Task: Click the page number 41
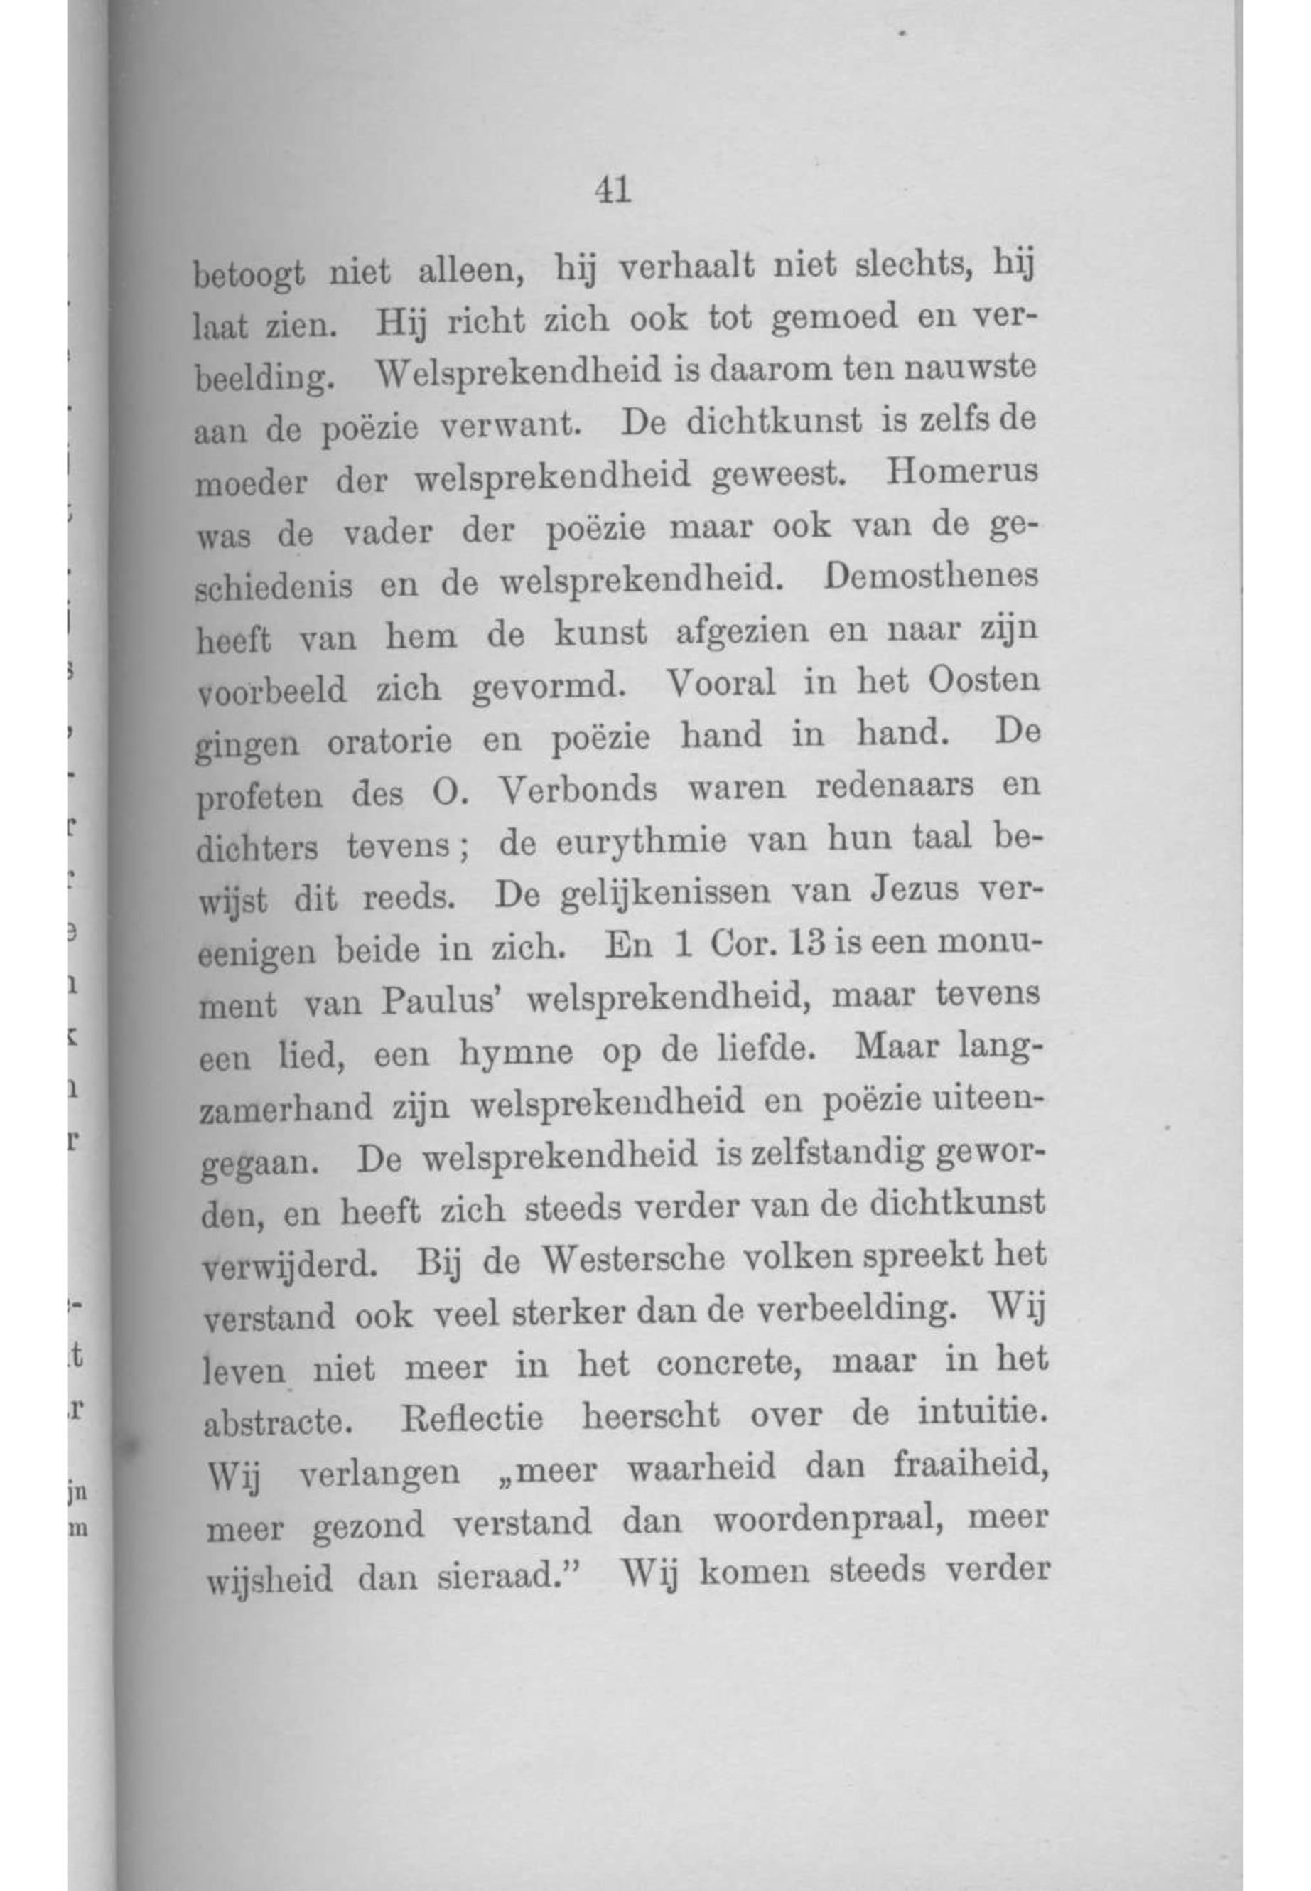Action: coord(614,191)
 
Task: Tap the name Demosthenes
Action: coord(932,577)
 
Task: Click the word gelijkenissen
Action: coord(664,895)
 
